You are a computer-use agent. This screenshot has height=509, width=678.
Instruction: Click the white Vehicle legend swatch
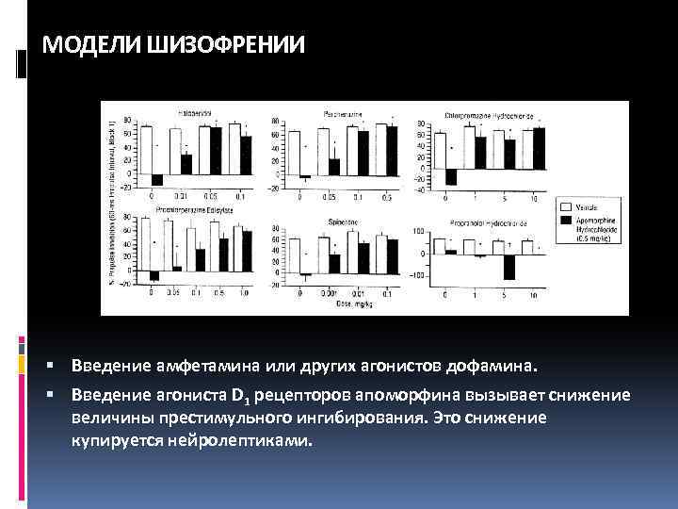(x=567, y=205)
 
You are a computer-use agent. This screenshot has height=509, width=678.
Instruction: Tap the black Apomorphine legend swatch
(x=567, y=220)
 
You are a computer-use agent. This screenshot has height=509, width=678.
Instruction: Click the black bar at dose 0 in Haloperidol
(x=157, y=180)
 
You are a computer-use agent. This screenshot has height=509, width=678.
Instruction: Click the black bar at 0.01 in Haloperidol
(x=186, y=164)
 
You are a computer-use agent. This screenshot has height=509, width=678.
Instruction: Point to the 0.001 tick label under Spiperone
(x=329, y=294)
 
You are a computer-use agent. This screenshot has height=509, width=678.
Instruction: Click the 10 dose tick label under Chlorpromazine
(x=534, y=198)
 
